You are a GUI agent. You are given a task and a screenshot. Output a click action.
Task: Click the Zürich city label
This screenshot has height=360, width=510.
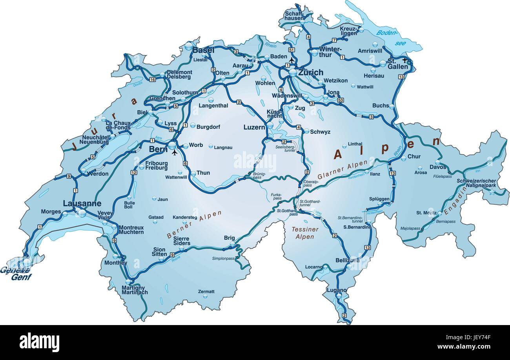(x=311, y=72)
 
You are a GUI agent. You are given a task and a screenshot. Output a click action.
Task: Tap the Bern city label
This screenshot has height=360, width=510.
(x=158, y=149)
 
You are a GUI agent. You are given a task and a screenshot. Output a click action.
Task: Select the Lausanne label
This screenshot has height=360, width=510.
(x=82, y=203)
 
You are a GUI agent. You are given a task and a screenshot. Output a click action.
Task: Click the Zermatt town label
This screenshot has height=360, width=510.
(x=206, y=292)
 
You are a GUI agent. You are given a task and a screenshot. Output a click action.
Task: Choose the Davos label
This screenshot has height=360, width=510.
(x=438, y=167)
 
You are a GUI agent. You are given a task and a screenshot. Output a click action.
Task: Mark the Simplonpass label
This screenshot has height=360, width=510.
(x=223, y=258)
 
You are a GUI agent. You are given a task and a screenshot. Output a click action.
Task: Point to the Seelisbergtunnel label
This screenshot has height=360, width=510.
(x=285, y=148)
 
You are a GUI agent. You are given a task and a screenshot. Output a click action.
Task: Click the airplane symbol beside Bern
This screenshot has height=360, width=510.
(x=175, y=152)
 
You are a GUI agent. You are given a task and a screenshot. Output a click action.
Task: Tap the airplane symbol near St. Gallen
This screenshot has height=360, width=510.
(x=405, y=60)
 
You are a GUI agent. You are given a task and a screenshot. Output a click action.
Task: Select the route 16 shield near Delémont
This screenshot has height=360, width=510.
(x=152, y=80)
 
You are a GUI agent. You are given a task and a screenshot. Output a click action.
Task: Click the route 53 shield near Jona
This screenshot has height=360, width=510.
(x=341, y=100)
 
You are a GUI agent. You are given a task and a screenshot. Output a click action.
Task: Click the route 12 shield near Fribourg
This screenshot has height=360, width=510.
(x=134, y=172)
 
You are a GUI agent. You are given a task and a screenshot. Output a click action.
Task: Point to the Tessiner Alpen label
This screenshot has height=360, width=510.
(x=305, y=233)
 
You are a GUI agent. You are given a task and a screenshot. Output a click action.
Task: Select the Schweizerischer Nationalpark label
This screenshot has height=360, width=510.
(x=476, y=183)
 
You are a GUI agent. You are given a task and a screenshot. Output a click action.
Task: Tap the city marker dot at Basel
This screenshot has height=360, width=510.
(x=189, y=47)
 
